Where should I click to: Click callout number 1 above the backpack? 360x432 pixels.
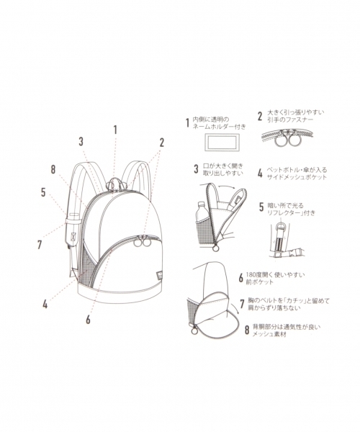(x=114, y=130)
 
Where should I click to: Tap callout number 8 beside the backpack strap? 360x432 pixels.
(x=53, y=171)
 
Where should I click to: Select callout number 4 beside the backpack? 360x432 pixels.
(x=45, y=304)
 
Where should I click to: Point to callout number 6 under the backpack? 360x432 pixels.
(x=89, y=319)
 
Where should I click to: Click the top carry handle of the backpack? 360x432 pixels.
(x=114, y=183)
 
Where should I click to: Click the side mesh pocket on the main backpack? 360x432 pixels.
(x=87, y=264)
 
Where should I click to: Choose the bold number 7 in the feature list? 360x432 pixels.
(x=241, y=303)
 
